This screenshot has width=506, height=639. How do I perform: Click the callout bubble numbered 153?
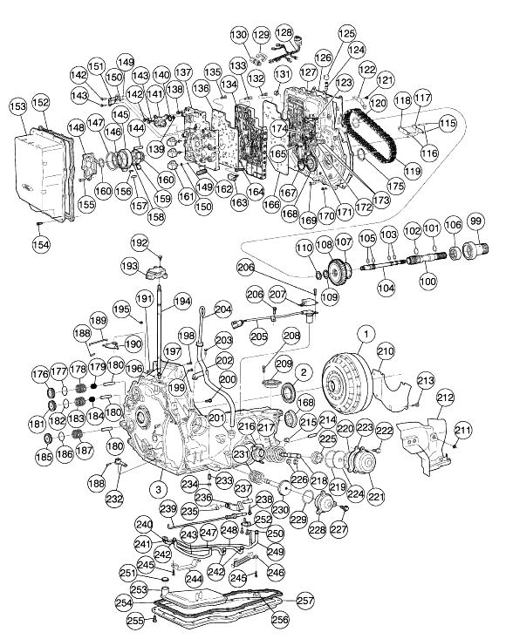[18, 106]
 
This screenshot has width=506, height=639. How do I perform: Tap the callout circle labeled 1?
[366, 334]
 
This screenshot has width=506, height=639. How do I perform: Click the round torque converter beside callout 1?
[348, 384]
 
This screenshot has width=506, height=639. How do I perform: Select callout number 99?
[475, 221]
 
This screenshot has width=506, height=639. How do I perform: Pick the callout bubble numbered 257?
[305, 601]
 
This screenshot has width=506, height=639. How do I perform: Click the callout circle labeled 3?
[159, 489]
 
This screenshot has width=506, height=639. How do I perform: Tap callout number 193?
[130, 266]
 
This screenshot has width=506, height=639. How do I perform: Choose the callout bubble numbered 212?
[445, 398]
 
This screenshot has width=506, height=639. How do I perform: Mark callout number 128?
[284, 32]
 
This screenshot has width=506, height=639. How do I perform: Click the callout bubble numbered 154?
[41, 244]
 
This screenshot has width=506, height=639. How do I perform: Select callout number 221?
[376, 496]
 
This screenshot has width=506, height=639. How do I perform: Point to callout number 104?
[386, 289]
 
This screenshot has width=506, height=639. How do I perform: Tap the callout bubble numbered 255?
[136, 621]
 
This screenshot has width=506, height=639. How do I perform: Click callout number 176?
[41, 374]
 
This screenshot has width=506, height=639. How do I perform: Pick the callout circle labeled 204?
[222, 309]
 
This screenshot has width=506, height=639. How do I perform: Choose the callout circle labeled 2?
[304, 372]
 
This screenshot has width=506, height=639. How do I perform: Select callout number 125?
[347, 33]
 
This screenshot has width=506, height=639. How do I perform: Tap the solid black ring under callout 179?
[93, 385]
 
